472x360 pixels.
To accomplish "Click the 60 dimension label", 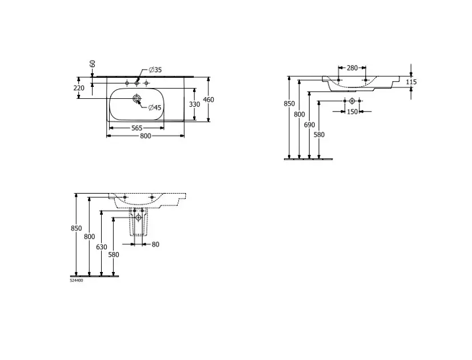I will click(93, 63).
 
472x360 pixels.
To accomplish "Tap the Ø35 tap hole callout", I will click(155, 70).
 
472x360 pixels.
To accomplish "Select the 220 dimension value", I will click(79, 88).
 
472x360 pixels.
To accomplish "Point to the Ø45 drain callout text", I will click(155, 107).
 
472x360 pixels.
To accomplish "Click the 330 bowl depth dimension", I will click(195, 105).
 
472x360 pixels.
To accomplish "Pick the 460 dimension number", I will click(209, 99).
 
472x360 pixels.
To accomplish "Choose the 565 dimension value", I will click(137, 128).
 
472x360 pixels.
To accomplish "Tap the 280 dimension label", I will click(352, 68).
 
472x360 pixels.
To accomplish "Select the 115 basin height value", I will click(411, 82).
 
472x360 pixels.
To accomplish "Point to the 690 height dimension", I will click(309, 125).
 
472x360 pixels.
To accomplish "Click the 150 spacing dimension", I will click(353, 112).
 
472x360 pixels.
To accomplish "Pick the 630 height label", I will click(101, 247).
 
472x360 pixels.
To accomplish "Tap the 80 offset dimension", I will click(155, 245).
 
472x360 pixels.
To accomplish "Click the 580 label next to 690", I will click(319, 135).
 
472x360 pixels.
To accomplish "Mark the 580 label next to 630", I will click(114, 254).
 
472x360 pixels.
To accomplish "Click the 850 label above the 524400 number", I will click(76, 229).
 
